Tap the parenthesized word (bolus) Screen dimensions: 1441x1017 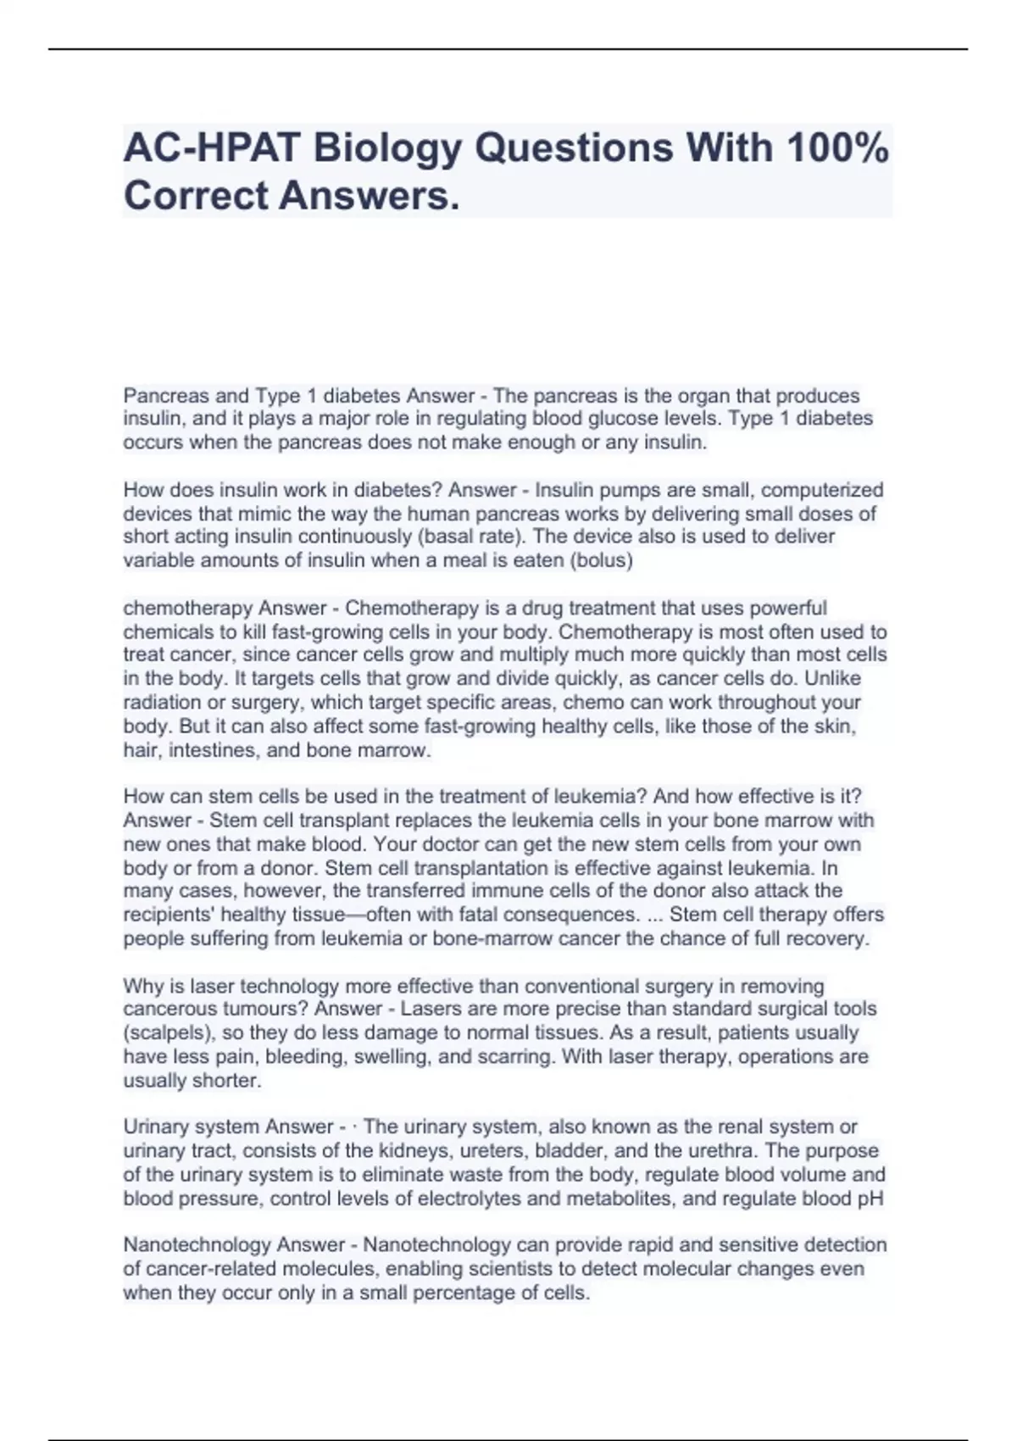(x=602, y=560)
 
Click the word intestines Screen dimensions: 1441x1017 (x=214, y=750)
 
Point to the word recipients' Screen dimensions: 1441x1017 (x=173, y=915)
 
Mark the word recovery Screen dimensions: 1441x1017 (x=827, y=939)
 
